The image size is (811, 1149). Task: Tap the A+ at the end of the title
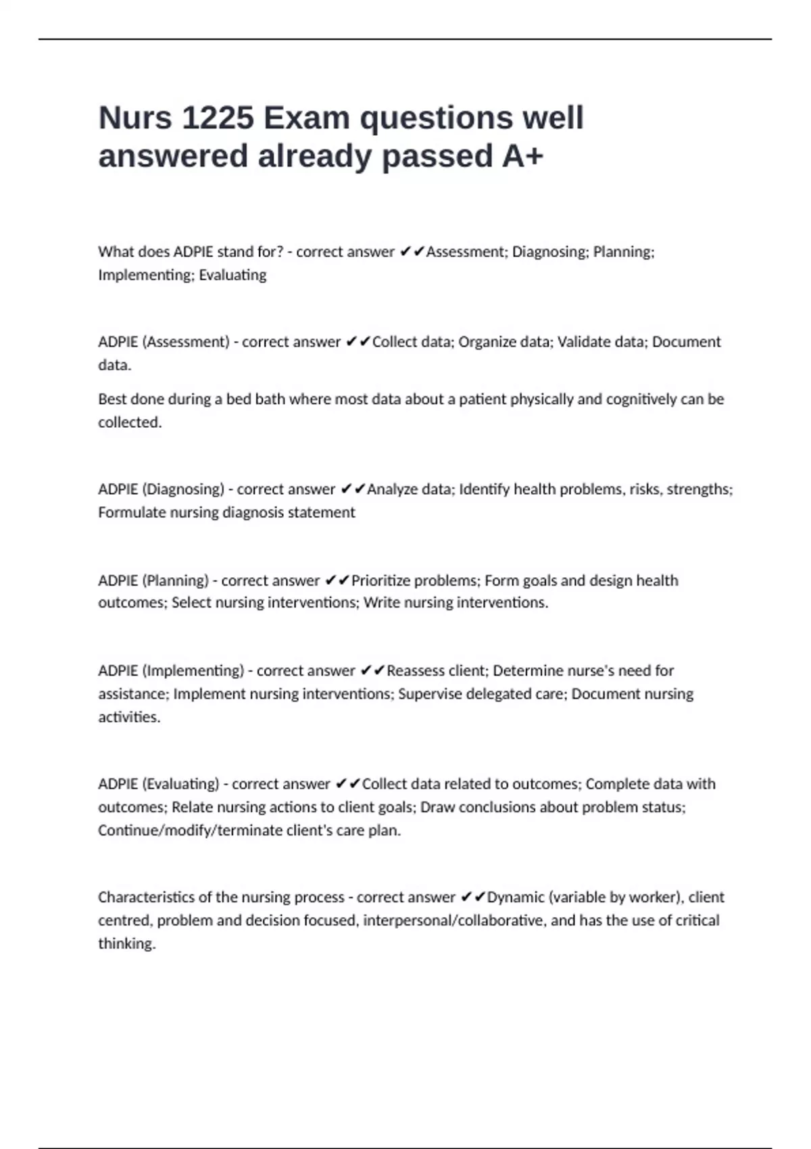tap(522, 156)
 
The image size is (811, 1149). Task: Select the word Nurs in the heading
tap(135, 118)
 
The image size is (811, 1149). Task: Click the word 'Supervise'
tap(429, 694)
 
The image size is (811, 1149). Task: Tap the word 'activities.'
tap(129, 717)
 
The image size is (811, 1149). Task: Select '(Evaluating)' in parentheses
tap(180, 784)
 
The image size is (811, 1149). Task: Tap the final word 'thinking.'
tap(127, 944)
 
